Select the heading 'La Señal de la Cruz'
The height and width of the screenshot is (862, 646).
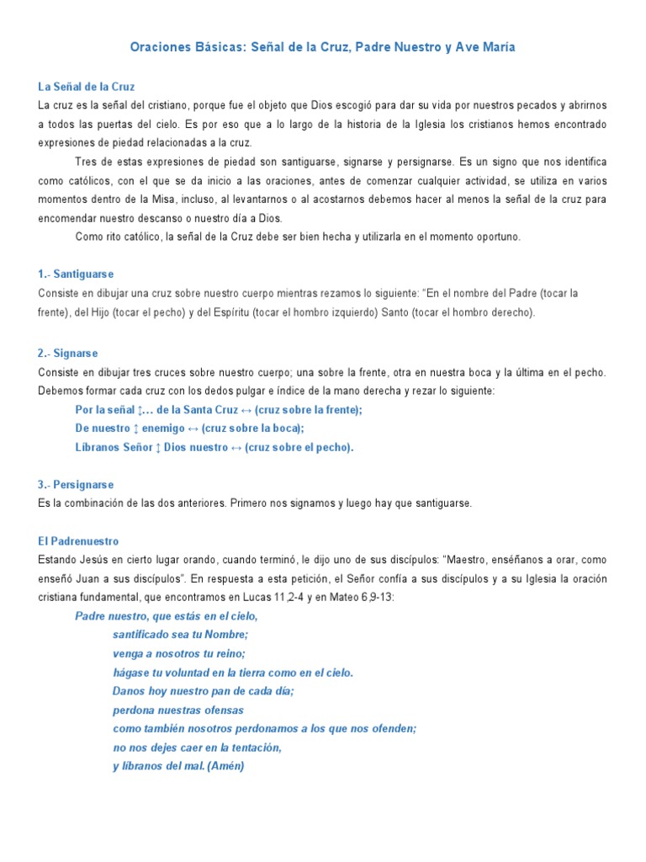87,87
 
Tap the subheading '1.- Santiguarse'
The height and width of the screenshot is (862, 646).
77,274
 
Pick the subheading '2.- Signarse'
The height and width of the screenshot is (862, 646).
69,354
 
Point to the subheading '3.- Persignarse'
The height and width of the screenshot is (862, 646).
76,485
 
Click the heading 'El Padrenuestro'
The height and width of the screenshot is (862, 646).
79,541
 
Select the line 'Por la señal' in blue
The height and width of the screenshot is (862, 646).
219,410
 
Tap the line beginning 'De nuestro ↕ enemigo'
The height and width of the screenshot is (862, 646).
189,428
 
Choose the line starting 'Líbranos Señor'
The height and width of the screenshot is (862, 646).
214,447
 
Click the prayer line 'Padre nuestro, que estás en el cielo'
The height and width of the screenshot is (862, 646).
167,616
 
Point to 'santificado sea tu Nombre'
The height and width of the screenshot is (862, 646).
181,635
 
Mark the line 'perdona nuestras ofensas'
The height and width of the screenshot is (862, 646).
178,710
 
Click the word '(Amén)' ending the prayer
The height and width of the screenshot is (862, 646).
225,766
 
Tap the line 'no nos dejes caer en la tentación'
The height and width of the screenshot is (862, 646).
197,748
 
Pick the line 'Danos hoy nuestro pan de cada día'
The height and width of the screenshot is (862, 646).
203,691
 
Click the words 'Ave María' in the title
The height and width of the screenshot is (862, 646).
486,48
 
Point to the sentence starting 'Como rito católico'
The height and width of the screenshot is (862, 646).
298,237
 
